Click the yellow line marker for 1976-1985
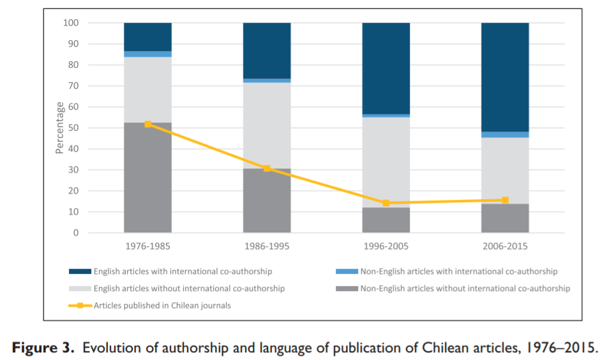click(x=148, y=124)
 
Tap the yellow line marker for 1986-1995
click(x=267, y=169)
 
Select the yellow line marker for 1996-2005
click(x=386, y=203)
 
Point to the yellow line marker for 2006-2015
click(x=505, y=200)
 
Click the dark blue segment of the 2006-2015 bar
click(x=505, y=77)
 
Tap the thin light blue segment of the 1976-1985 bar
click(x=148, y=54)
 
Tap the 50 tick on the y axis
click(x=73, y=128)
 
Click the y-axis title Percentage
click(x=60, y=128)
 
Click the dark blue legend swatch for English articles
click(x=80, y=272)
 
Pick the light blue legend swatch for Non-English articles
click(x=347, y=272)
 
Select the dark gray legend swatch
click(x=347, y=289)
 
